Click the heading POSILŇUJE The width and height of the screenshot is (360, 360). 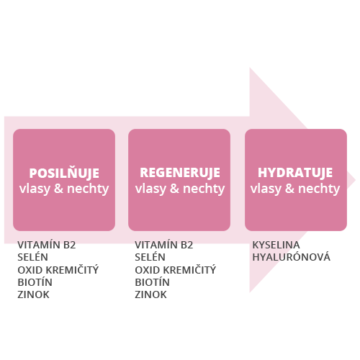pos(64,172)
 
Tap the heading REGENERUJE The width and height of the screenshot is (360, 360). pos(180,173)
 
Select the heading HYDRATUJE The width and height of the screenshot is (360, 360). pos(295,173)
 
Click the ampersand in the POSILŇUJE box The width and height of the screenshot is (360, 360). pos(58,189)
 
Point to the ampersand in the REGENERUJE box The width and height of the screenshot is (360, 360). pos(174,189)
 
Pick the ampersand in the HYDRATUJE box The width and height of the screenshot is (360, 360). pos(289,189)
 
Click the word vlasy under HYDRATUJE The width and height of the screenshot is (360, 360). pos(266,189)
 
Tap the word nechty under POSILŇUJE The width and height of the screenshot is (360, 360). pos(88,189)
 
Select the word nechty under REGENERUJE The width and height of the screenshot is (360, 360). pos(204,189)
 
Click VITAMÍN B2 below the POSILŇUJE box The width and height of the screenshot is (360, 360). pos(47,245)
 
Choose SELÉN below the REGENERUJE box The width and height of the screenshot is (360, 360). pos(150,257)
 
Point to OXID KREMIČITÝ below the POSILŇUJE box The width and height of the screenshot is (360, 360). pos(58,270)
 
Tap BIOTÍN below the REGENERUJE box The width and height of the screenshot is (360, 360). pos(152,282)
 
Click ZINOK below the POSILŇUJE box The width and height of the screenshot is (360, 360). pos(33,294)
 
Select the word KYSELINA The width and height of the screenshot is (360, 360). pos(276,245)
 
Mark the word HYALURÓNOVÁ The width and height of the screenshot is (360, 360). pos(292,257)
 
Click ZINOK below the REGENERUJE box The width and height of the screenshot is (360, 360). pos(150,294)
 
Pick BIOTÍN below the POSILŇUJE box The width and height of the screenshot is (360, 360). pos(35,282)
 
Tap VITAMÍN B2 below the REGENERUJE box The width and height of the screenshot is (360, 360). pos(164,245)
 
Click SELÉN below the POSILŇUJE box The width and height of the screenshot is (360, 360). pos(32,257)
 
